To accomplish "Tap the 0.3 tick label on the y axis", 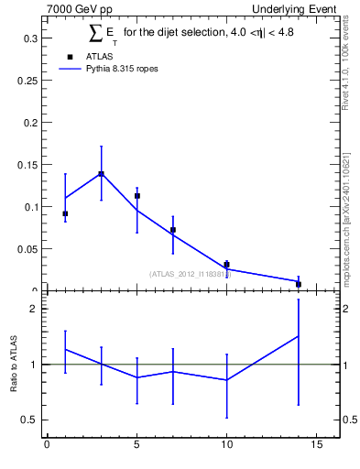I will (31, 38).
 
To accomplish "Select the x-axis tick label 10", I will (226, 445).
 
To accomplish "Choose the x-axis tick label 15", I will (316, 445).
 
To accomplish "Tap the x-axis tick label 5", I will (136, 445).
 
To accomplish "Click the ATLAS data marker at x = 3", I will (101, 173).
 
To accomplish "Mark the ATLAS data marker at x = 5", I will (136, 196).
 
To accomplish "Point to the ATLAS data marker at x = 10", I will (226, 265).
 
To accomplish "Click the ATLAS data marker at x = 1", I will (65, 213).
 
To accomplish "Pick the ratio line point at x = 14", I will (299, 335).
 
